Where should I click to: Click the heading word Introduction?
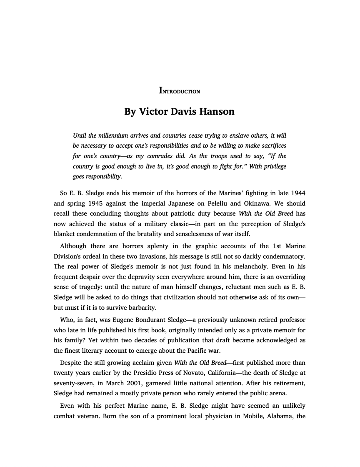(x=180, y=90)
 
